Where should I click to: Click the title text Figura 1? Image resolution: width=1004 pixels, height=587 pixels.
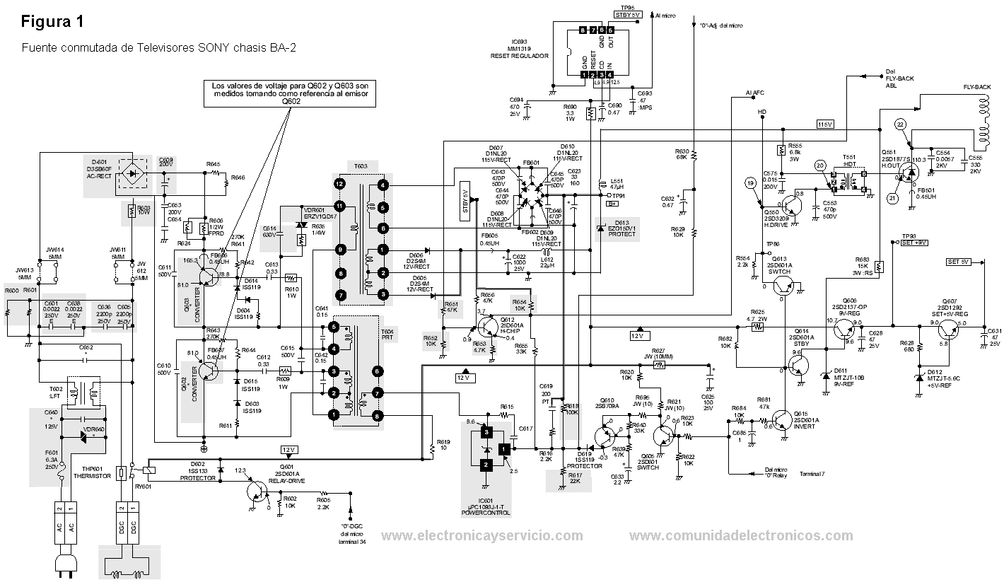(53, 22)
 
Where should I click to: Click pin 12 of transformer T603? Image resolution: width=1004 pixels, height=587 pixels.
(340, 184)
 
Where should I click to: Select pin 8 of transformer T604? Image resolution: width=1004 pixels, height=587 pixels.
(378, 415)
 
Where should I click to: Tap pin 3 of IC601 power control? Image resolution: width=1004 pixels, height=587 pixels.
(486, 431)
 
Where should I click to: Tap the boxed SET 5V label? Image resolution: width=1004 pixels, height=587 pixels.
(958, 262)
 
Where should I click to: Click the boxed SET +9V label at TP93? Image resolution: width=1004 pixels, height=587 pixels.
(913, 242)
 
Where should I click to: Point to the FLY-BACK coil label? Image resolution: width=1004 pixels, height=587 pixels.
(976, 86)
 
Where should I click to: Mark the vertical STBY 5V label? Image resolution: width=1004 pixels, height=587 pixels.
(465, 202)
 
